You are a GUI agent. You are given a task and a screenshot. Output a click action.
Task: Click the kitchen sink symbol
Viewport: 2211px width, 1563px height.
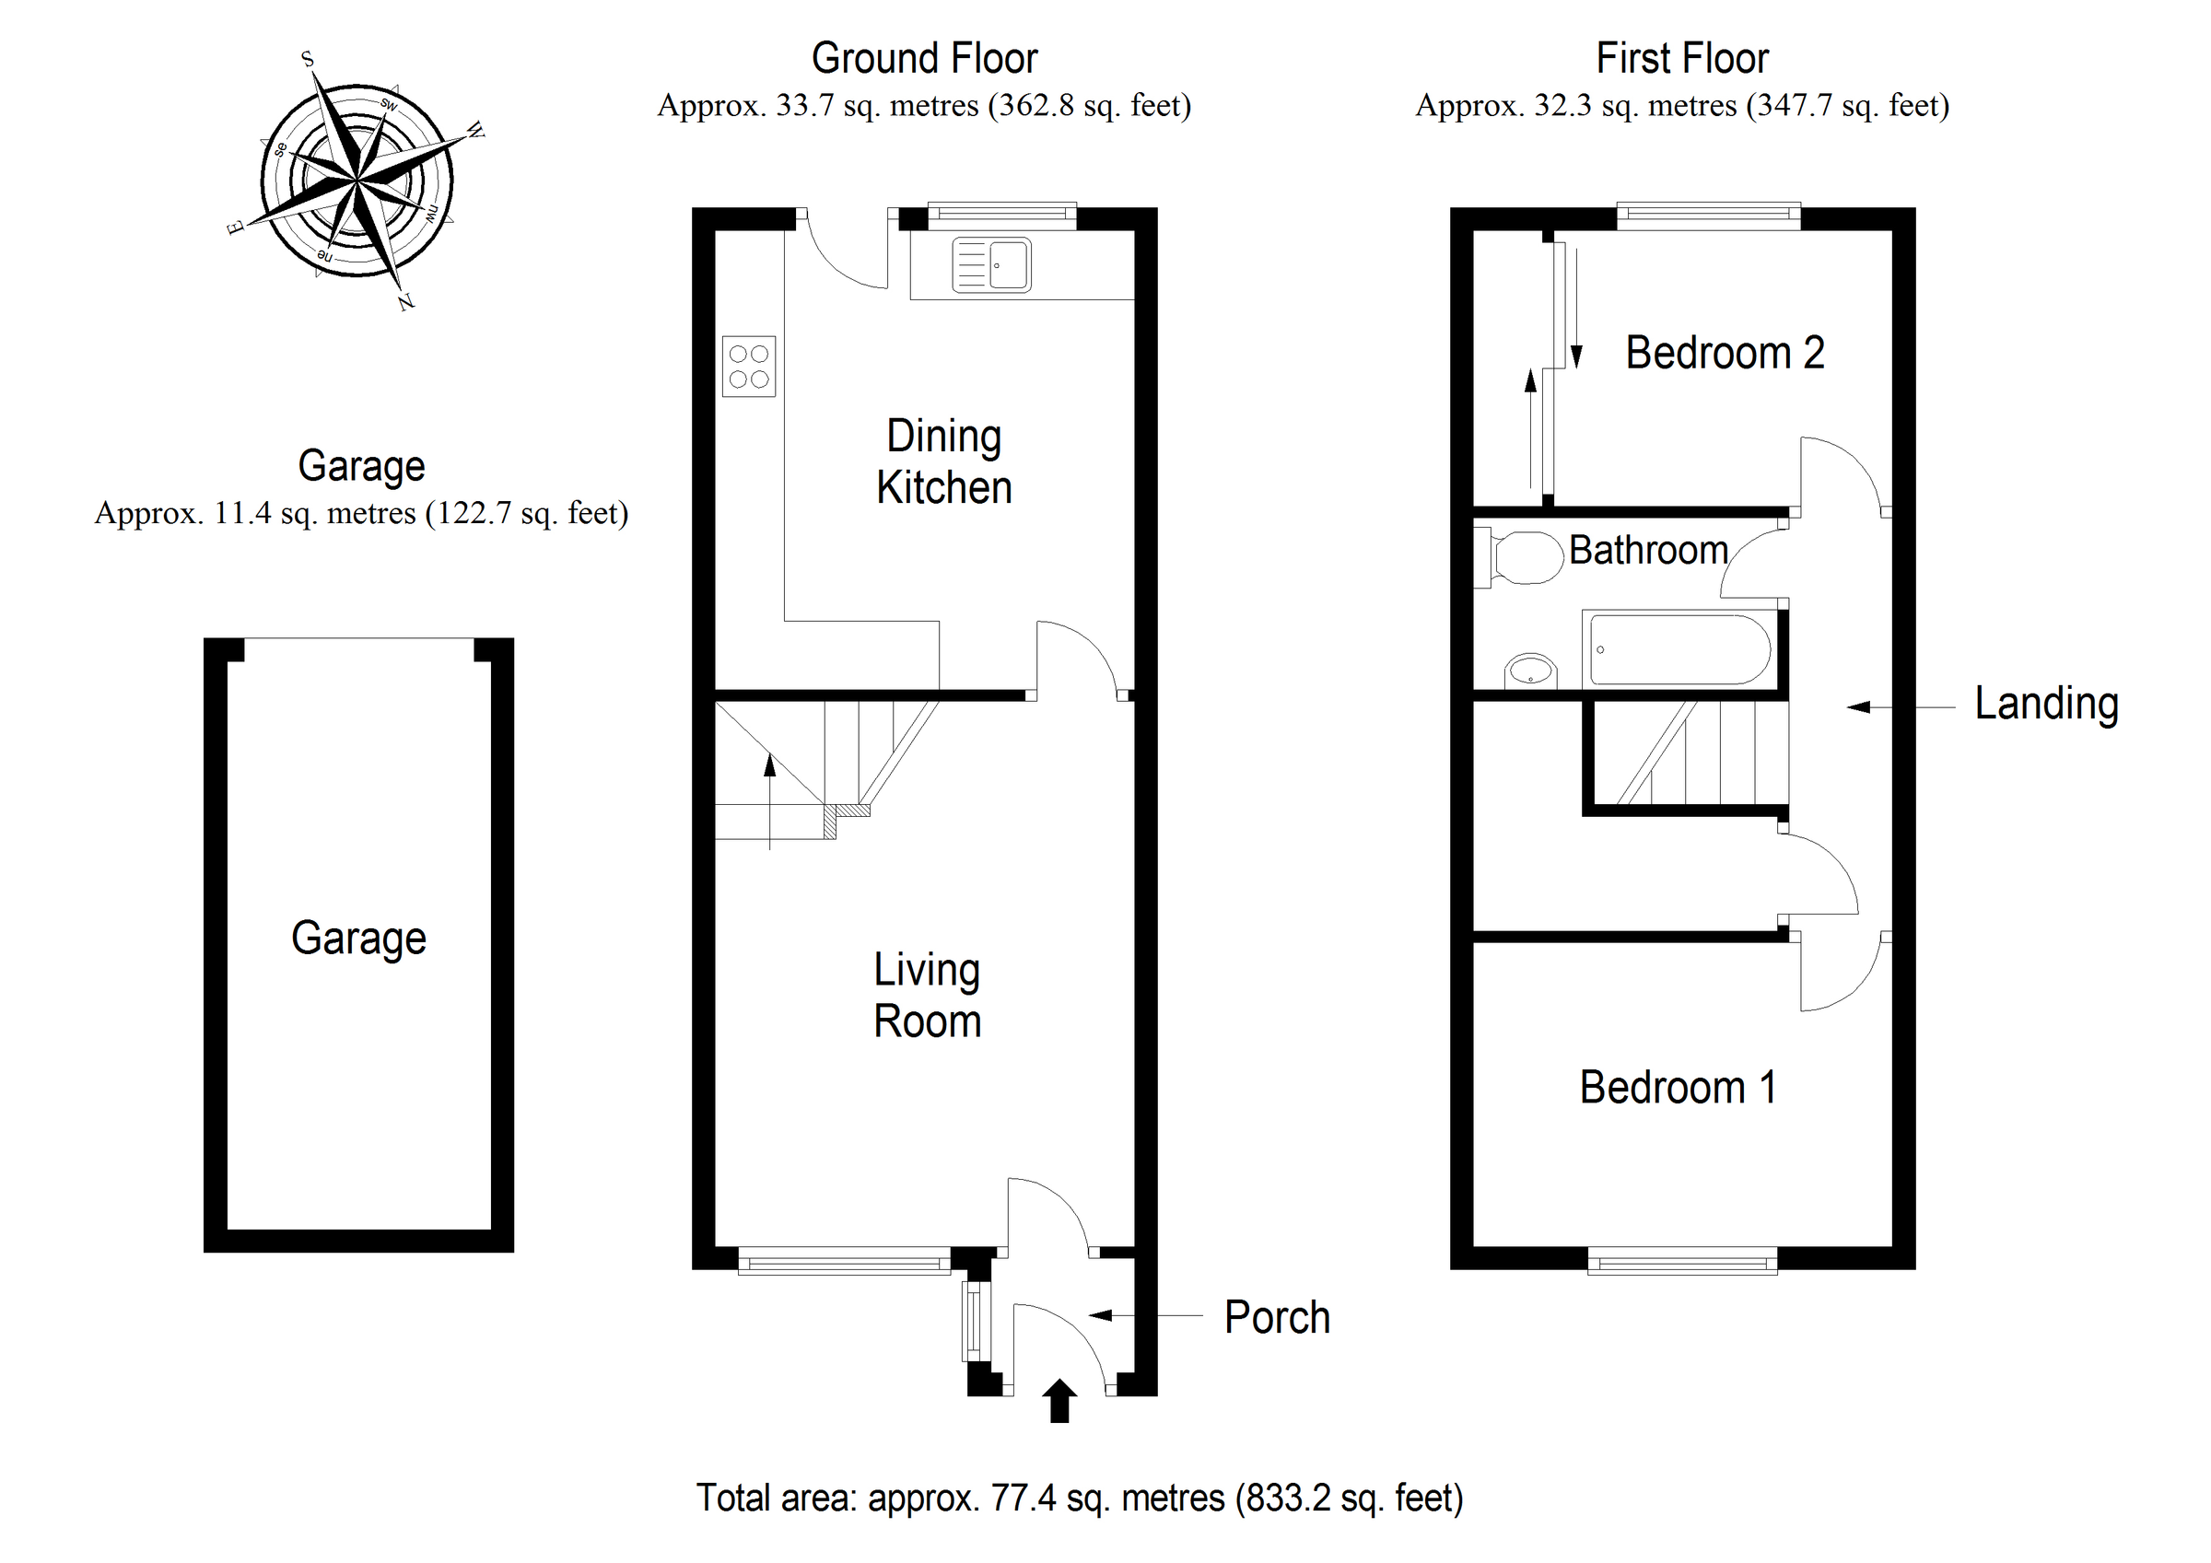coord(991,265)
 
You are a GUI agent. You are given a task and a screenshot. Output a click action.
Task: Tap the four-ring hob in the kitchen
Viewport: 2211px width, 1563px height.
coord(748,366)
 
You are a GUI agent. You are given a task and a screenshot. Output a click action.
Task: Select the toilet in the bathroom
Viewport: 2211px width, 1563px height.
coord(1527,557)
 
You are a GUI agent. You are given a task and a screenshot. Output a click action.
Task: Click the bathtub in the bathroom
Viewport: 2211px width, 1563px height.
coord(1679,650)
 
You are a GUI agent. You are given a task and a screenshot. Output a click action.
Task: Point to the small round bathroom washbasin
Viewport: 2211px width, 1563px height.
coord(1530,671)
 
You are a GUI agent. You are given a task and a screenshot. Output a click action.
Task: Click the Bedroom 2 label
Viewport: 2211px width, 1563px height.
coord(1724,353)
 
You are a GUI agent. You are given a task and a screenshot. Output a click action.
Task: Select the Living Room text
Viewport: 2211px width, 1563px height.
coord(927,995)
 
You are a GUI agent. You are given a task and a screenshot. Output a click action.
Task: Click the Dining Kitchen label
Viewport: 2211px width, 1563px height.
coord(942,462)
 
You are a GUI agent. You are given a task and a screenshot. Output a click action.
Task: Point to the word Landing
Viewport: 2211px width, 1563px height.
coord(2045,703)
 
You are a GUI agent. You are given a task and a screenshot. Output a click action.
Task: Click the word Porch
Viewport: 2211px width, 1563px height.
coord(1276,1317)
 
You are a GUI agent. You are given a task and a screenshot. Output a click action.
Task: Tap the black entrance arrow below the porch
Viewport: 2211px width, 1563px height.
coord(1059,1400)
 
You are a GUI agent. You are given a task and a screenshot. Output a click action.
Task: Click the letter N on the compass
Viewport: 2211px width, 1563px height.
coord(406,301)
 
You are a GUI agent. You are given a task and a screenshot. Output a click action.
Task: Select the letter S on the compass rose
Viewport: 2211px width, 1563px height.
coord(308,60)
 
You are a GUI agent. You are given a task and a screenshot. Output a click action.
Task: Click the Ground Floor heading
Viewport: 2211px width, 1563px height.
coord(923,59)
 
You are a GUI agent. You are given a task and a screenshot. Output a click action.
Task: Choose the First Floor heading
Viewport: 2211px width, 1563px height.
coord(1681,59)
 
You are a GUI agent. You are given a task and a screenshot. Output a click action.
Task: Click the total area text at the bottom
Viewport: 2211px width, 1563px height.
coord(1079,1499)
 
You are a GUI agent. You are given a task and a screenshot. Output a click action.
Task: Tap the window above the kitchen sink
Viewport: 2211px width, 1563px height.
coord(1001,216)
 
